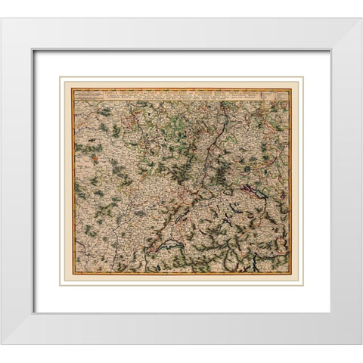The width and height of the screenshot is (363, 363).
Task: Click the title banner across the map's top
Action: tap(181, 92)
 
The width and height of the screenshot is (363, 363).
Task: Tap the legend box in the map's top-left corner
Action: tap(88, 95)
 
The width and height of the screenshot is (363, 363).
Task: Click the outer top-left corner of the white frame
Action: tap(1, 17)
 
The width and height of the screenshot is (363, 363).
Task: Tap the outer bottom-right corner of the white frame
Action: tap(361, 345)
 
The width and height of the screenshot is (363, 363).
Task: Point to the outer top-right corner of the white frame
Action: tap(361, 17)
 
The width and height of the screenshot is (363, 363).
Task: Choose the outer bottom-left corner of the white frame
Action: tap(1, 345)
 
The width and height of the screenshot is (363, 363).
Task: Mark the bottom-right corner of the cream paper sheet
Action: tap(302, 284)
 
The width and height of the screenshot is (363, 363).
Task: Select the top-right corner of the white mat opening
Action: tap(330, 50)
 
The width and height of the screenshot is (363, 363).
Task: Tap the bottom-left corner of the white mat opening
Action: tap(33, 312)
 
